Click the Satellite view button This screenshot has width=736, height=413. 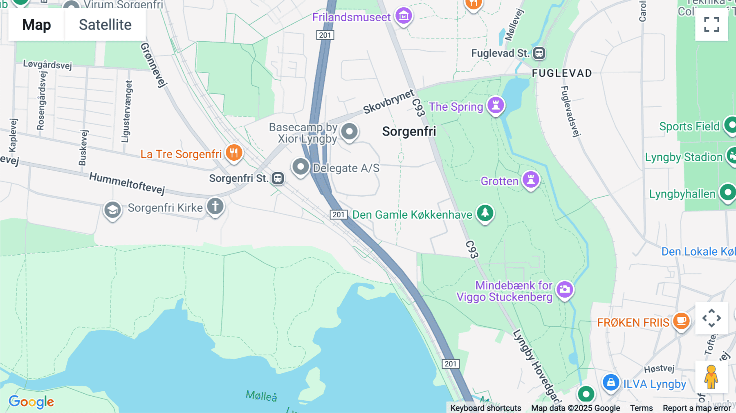(105, 25)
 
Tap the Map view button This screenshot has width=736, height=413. (36, 25)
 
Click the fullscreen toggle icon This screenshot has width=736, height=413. (711, 25)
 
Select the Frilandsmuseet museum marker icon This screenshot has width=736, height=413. (404, 16)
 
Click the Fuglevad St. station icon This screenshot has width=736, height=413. (539, 53)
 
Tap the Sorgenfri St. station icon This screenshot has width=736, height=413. (278, 178)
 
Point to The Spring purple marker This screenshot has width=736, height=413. (496, 105)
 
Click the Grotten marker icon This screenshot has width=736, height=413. (531, 180)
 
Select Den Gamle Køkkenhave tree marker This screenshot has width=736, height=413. (485, 213)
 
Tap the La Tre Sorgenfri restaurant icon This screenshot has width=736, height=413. (234, 153)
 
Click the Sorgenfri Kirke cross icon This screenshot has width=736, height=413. (215, 206)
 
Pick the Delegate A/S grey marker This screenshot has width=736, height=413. (301, 166)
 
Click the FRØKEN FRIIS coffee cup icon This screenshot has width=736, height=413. (681, 321)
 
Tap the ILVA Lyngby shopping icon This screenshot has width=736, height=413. (611, 383)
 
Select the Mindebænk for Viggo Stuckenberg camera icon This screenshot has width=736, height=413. (565, 290)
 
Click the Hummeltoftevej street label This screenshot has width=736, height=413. (127, 183)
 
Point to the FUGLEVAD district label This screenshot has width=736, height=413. (562, 73)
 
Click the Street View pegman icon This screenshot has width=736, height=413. (711, 377)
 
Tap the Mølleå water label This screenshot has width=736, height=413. (261, 396)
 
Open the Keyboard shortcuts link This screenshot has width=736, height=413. (485, 408)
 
